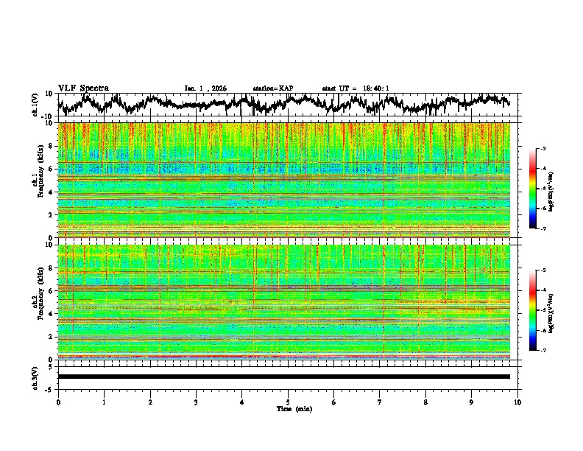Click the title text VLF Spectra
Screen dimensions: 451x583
pos(83,88)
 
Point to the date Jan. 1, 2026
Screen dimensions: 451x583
pos(205,88)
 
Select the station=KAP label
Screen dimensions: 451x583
pos(272,88)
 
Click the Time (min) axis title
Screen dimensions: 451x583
pos(294,408)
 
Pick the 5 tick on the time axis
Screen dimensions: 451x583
pos(288,402)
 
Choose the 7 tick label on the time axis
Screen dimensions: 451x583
pos(380,402)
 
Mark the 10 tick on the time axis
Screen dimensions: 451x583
pos(517,402)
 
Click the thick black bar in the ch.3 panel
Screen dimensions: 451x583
pos(283,377)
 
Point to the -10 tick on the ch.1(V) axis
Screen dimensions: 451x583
pos(47,116)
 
